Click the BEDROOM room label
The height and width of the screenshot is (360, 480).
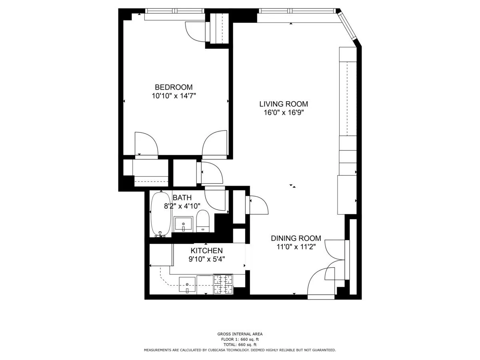(174, 87)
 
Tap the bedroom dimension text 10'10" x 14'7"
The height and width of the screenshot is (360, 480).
(174, 96)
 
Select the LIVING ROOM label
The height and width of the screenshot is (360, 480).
(284, 104)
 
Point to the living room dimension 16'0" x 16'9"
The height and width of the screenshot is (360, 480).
(284, 112)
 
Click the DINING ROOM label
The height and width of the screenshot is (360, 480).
(296, 238)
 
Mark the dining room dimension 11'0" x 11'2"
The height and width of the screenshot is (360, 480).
(296, 247)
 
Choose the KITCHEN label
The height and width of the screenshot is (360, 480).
(206, 250)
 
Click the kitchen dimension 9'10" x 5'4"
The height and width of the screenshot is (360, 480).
(206, 259)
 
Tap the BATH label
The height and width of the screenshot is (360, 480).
(182, 198)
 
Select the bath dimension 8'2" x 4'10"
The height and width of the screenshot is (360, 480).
(182, 206)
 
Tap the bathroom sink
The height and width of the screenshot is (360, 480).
(184, 224)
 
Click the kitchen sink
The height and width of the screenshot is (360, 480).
(187, 284)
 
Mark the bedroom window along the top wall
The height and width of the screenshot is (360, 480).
(174, 11)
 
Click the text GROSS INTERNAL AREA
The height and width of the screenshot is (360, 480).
(240, 334)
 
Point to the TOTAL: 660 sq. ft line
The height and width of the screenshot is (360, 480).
(240, 344)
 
